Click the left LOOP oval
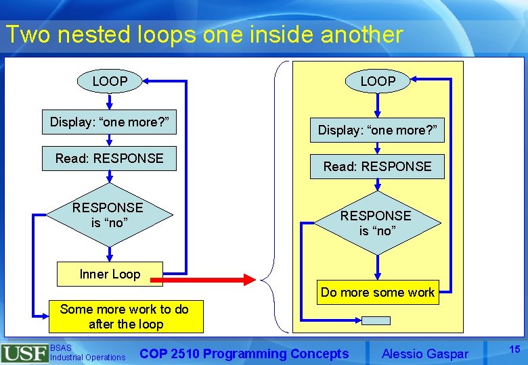[x=110, y=82]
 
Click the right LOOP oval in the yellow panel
[x=378, y=82]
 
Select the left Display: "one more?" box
[x=109, y=122]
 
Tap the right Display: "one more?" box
[x=377, y=130]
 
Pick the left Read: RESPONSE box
[x=109, y=158]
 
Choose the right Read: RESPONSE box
[x=377, y=166]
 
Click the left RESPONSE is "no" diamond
[x=108, y=215]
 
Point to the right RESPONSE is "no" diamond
[x=376, y=223]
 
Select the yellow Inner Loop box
[x=110, y=274]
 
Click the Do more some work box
[x=378, y=292]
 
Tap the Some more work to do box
[x=125, y=316]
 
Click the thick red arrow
[x=206, y=279]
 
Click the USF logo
[x=24, y=354]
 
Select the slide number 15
[x=514, y=349]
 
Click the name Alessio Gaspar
[x=424, y=354]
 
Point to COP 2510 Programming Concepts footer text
[x=244, y=354]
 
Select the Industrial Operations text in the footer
[x=88, y=357]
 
